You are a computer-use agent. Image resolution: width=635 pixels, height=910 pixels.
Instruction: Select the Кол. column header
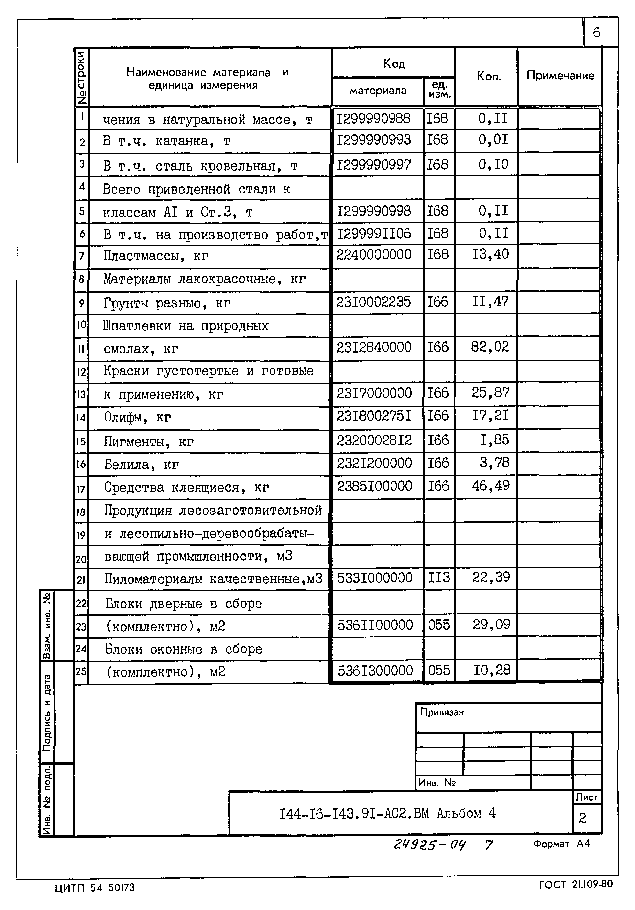[488, 76]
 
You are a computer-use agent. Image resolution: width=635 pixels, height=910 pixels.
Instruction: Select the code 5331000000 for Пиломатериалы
[374, 578]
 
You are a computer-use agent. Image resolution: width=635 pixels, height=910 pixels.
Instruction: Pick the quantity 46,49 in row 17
[490, 486]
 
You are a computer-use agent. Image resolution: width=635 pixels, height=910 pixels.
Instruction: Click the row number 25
[81, 671]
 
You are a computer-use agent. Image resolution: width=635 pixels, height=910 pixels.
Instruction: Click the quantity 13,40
[490, 254]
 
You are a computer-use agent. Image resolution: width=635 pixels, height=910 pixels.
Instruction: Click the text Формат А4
[561, 844]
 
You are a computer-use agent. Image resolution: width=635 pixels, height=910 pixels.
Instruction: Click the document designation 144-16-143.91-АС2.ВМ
[354, 813]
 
